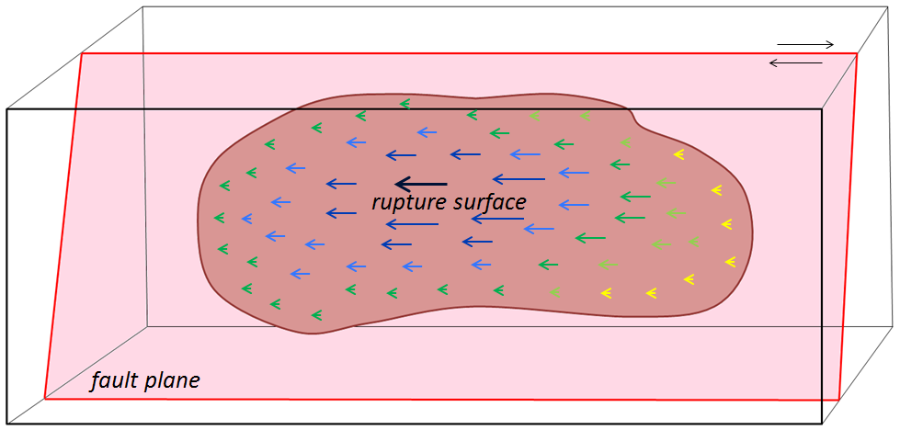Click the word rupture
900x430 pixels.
click(405, 202)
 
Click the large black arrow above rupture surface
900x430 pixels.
click(420, 185)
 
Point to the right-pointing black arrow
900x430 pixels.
click(805, 44)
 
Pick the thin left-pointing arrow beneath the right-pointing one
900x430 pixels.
click(795, 62)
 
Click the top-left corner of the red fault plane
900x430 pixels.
click(84, 54)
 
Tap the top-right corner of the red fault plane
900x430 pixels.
click(857, 54)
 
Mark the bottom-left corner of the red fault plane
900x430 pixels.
click(45, 399)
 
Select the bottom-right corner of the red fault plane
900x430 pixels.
click(839, 400)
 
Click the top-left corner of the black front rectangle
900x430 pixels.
click(7, 110)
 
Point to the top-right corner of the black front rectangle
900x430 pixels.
click(821, 110)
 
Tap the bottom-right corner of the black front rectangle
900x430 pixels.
click(821, 424)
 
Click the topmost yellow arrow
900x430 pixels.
click(678, 153)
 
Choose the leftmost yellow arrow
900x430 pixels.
click(606, 293)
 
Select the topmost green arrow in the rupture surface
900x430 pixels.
click(404, 104)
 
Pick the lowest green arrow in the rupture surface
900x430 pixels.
click(316, 315)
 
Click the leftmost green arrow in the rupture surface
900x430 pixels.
click(219, 218)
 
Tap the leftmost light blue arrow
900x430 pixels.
click(245, 219)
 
